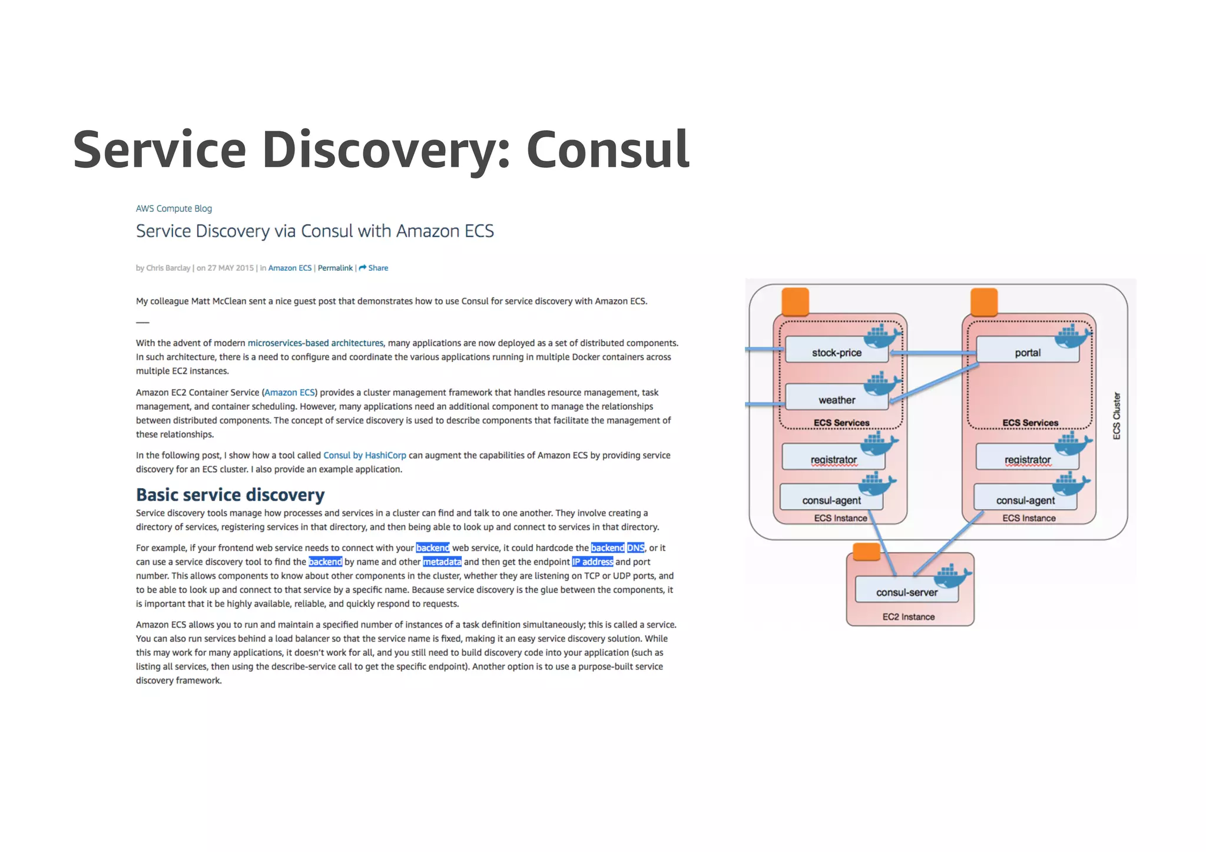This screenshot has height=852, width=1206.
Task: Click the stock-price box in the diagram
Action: click(836, 352)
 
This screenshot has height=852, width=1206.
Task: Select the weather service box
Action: click(836, 400)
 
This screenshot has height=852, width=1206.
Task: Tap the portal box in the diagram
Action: click(1028, 352)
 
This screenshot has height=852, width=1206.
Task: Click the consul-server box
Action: click(906, 592)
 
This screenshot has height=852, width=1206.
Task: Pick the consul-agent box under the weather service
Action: click(831, 500)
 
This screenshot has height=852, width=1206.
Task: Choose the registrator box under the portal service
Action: click(1027, 459)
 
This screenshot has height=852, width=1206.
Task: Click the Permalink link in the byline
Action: click(335, 268)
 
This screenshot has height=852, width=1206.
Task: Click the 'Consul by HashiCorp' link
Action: click(365, 455)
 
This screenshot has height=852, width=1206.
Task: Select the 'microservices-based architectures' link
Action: click(315, 343)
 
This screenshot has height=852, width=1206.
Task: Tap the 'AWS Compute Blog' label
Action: click(174, 208)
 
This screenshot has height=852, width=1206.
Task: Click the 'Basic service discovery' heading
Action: click(230, 495)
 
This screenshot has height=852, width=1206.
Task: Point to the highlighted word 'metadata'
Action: click(442, 562)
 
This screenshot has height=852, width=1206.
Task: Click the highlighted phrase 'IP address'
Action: click(592, 562)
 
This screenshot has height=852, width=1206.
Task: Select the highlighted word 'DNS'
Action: click(635, 548)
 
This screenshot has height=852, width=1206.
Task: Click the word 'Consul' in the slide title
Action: click(607, 150)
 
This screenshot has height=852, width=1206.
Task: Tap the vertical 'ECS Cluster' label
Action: click(1116, 416)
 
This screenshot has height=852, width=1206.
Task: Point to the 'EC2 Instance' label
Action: click(908, 616)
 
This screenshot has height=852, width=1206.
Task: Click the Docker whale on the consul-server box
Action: click(952, 576)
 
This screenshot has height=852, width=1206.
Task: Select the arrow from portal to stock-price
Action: click(933, 353)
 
